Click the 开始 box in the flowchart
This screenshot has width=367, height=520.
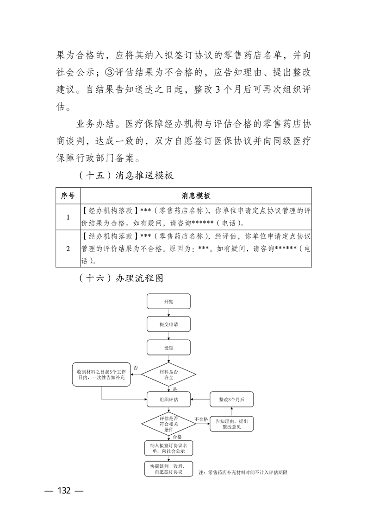(169, 302)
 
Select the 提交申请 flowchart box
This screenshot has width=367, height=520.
(169, 324)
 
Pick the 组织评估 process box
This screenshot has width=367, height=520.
(169, 399)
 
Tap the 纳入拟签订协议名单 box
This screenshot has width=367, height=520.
(169, 447)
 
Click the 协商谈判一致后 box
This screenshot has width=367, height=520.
(169, 468)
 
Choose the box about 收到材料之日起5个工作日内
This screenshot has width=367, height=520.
(101, 375)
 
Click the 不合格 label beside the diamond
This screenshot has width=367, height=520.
(201, 419)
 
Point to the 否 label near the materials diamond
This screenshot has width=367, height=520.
(136, 367)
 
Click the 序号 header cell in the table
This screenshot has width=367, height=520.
(68, 196)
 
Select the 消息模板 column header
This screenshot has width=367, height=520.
(196, 196)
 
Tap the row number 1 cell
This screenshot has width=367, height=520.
(68, 217)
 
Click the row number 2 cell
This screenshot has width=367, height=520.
(68, 248)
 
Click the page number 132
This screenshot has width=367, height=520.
(63, 491)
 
